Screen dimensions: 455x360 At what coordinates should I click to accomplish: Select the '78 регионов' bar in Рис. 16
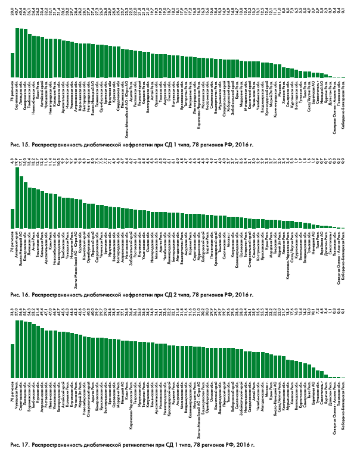13,218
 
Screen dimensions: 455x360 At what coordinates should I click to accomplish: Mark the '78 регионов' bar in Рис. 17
13,361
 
